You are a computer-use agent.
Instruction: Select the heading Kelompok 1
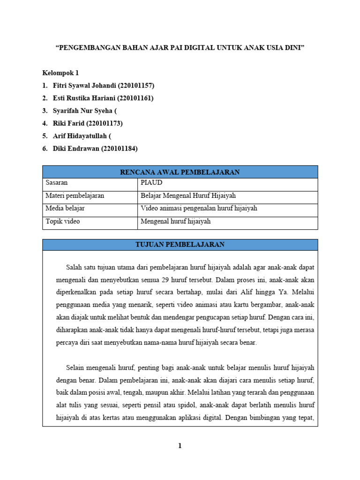[x=60, y=73]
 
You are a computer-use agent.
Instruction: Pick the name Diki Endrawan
[x=76, y=149]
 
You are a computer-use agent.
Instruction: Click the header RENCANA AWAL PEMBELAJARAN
[x=180, y=172]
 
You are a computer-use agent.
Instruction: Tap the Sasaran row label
[x=56, y=183]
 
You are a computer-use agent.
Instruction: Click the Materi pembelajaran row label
[x=75, y=196]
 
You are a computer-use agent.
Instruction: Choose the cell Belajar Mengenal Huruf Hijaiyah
[x=191, y=196]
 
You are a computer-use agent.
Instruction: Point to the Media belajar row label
[x=65, y=209]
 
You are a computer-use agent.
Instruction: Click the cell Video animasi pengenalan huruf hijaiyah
[x=199, y=209]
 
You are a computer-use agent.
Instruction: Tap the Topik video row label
[x=63, y=221]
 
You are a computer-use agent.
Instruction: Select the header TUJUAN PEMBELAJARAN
[x=180, y=245]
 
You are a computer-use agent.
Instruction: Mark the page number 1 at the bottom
[x=180, y=446]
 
